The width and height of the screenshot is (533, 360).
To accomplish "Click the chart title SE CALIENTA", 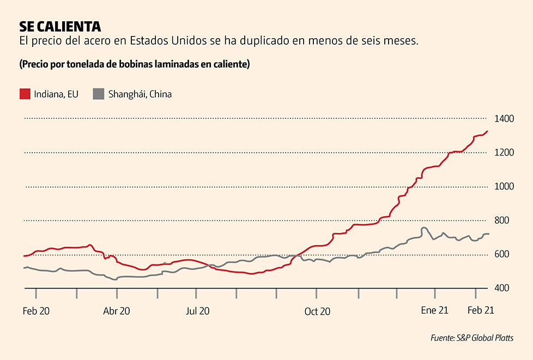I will (x=60, y=27).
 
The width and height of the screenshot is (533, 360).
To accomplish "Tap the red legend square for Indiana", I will (x=25, y=94).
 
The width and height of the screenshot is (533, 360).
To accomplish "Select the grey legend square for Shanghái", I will (x=98, y=94).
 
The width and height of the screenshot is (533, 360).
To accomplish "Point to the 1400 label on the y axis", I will (x=504, y=118).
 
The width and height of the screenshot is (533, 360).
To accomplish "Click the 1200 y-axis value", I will (x=504, y=152).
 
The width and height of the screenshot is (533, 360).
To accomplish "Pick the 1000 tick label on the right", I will (x=504, y=187).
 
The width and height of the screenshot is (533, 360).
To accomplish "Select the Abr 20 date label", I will (x=117, y=311).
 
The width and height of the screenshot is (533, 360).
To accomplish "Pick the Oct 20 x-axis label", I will (x=317, y=311).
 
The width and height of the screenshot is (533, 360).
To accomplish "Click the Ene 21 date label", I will (x=435, y=311).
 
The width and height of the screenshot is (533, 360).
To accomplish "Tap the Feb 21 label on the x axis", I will (x=481, y=311).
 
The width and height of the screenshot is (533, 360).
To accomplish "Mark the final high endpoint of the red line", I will (x=488, y=131).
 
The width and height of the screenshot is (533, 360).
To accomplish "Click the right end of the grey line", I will (x=489, y=234).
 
